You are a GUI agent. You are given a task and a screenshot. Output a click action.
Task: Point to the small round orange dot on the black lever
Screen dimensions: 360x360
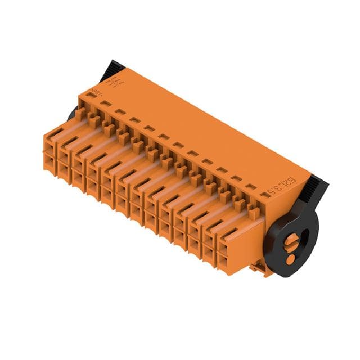(290, 260)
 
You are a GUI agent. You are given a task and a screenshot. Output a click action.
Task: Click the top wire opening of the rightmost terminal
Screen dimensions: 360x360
(223, 246)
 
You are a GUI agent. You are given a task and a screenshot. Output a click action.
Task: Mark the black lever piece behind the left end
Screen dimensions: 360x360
(73, 114)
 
